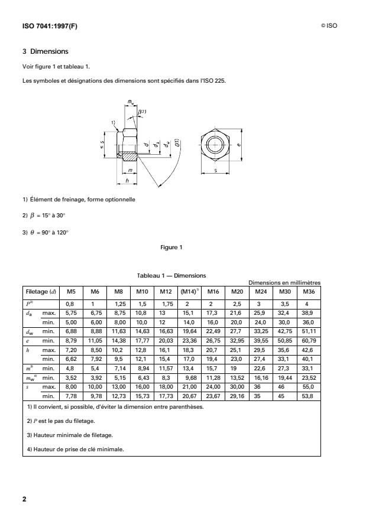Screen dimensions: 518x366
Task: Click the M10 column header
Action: click(142, 291)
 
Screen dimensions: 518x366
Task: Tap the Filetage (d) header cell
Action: click(40, 291)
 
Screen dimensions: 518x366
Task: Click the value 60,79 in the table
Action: click(307, 341)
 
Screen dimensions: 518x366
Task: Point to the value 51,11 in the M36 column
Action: click(307, 331)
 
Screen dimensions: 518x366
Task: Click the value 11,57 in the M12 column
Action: click(165, 369)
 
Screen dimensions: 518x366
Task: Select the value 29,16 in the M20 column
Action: click(237, 398)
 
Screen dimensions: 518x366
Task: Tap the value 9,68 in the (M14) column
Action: click(189, 379)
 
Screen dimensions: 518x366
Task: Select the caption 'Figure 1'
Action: click(171, 247)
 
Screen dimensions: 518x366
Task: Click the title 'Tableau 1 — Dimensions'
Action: click(171, 275)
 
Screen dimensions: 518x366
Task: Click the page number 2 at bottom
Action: click(24, 499)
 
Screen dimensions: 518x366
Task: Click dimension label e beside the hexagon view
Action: click(239, 143)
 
